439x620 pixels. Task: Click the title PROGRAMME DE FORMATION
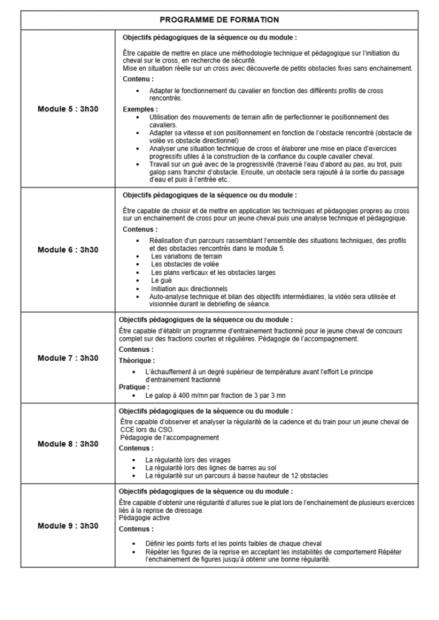click(x=219, y=19)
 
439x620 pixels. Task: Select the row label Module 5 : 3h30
click(x=68, y=110)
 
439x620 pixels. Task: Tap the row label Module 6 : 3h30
click(x=68, y=249)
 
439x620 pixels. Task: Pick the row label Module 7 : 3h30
click(x=68, y=358)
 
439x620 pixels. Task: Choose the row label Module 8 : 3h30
click(x=68, y=444)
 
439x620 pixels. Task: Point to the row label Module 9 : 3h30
click(x=68, y=526)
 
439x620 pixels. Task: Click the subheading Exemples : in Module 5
click(x=139, y=110)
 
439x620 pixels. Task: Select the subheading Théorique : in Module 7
click(x=135, y=360)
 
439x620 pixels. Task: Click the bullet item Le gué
click(x=161, y=281)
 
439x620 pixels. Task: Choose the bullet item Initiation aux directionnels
click(x=189, y=289)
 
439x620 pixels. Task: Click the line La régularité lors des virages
click(x=188, y=460)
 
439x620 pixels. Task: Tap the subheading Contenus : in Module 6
click(x=140, y=229)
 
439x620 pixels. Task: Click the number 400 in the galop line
click(x=184, y=395)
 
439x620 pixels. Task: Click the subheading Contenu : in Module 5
click(x=138, y=79)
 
